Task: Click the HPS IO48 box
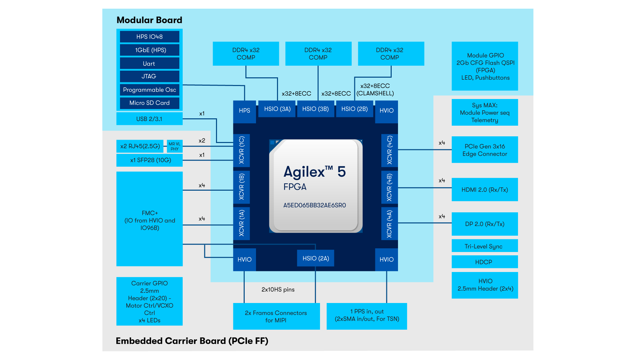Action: pyautogui.click(x=149, y=37)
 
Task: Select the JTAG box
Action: pyautogui.click(x=149, y=76)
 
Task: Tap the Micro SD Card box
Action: pyautogui.click(x=149, y=103)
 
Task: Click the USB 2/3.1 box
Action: pyautogui.click(x=149, y=119)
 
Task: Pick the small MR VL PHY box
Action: pyautogui.click(x=174, y=146)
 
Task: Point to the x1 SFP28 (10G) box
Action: pyautogui.click(x=149, y=160)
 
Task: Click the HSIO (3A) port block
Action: pyautogui.click(x=277, y=109)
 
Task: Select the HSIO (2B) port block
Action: pyautogui.click(x=354, y=109)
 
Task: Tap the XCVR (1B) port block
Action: pyautogui.click(x=242, y=187)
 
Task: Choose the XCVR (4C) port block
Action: pyautogui.click(x=389, y=150)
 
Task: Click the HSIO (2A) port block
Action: pyautogui.click(x=316, y=258)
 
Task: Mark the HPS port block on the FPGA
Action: pyautogui.click(x=244, y=111)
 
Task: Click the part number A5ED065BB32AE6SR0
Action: pyautogui.click(x=314, y=205)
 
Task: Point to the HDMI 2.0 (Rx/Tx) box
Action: pyautogui.click(x=485, y=190)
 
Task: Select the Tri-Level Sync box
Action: pyautogui.click(x=485, y=246)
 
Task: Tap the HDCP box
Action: pyautogui.click(x=485, y=262)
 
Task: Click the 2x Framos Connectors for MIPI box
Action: pyautogui.click(x=276, y=316)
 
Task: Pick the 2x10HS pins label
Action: pyautogui.click(x=278, y=289)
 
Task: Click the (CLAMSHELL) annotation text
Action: pyautogui.click(x=375, y=93)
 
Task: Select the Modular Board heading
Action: pyautogui.click(x=149, y=20)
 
